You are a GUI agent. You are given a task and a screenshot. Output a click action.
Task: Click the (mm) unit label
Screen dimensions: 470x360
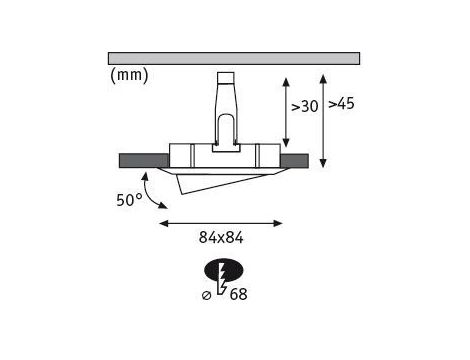129,75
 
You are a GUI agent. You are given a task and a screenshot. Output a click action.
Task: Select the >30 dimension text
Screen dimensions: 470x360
305,107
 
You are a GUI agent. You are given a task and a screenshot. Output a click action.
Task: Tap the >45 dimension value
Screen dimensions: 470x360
341,104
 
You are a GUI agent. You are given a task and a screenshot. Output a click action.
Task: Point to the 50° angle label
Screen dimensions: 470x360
129,200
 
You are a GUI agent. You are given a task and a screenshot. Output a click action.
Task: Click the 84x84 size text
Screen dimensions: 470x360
221,238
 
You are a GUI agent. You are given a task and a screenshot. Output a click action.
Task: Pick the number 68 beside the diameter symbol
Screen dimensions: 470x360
239,294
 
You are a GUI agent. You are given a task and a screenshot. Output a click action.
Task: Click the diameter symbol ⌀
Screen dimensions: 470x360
207,295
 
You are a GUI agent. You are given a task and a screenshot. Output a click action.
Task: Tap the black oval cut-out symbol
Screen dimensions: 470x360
224,270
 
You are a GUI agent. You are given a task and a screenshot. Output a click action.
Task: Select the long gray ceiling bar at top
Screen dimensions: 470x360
234,58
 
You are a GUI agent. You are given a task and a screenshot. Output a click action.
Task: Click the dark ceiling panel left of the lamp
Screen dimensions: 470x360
144,161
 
